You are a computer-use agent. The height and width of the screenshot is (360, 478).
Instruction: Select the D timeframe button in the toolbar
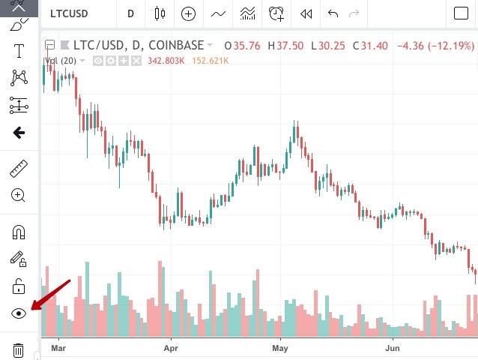pyautogui.click(x=131, y=13)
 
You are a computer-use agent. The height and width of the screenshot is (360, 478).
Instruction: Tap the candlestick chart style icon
pyautogui.click(x=159, y=13)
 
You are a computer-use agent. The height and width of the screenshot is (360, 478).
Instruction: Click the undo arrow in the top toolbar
pyautogui.click(x=333, y=13)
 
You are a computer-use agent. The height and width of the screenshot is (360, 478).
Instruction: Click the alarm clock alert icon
pyautogui.click(x=276, y=13)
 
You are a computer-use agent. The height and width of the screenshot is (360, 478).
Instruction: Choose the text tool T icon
pyautogui.click(x=19, y=51)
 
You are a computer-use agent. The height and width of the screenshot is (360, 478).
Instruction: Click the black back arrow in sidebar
pyautogui.click(x=19, y=133)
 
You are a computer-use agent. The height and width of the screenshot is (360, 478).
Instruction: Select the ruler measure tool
pyautogui.click(x=19, y=168)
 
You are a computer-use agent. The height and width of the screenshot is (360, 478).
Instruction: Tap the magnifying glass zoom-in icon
pyautogui.click(x=19, y=196)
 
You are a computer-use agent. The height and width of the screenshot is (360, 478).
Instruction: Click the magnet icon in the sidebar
pyautogui.click(x=19, y=232)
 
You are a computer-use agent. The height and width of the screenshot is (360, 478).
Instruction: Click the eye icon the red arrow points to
pyautogui.click(x=19, y=313)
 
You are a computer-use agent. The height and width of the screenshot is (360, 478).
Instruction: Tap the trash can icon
pyautogui.click(x=19, y=349)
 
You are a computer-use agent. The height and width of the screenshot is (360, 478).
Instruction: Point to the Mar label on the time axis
pyautogui.click(x=59, y=349)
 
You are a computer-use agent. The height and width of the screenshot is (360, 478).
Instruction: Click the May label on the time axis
pyautogui.click(x=280, y=349)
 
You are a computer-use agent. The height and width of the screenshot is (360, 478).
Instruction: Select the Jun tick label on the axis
pyautogui.click(x=392, y=349)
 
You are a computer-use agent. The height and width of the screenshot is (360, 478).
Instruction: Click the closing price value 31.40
pyautogui.click(x=374, y=46)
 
